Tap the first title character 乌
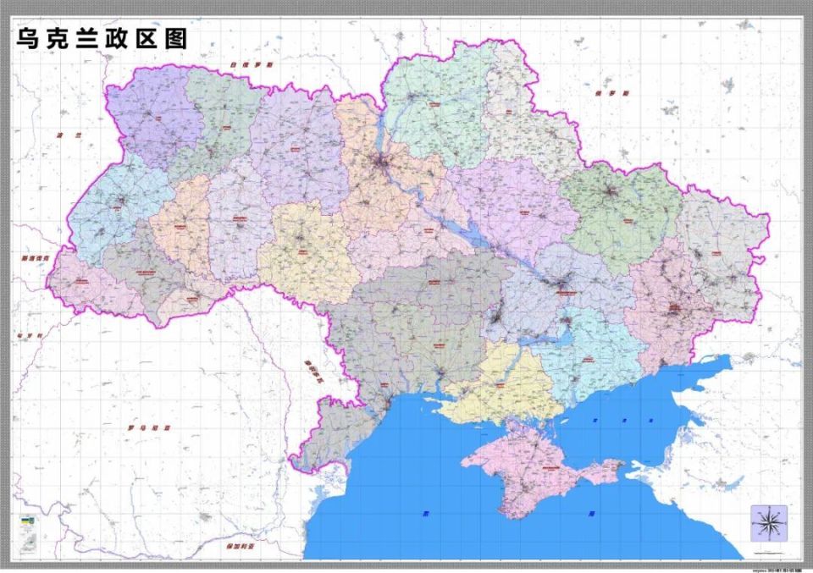(x=23, y=40)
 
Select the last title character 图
(x=175, y=40)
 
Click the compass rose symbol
(x=767, y=523)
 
